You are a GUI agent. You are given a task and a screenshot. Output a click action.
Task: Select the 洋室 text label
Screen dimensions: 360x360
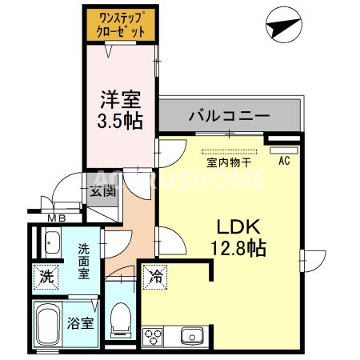tap(120, 100)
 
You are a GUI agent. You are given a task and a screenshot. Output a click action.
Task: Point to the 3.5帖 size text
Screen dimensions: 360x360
tap(120, 121)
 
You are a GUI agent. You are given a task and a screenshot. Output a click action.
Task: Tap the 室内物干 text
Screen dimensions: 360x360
tap(230, 162)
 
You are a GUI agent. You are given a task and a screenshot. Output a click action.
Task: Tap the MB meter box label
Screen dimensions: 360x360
tap(57, 218)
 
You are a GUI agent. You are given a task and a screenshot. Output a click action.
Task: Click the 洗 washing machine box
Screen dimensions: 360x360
tap(46, 278)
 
